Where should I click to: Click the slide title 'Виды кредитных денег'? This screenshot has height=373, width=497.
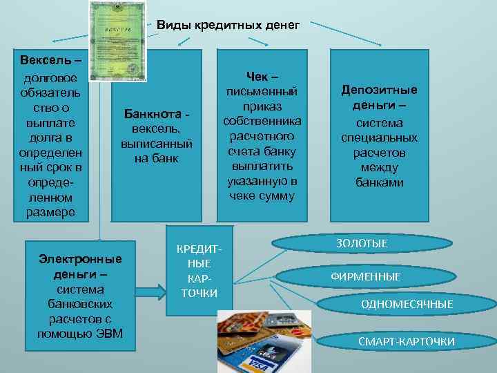[x=228, y=26]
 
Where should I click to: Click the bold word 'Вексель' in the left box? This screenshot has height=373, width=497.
[x=46, y=58]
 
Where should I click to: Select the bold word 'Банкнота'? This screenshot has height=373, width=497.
[x=153, y=114]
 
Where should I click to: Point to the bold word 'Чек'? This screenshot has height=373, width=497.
[x=258, y=76]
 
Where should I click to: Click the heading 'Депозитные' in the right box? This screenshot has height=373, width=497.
[x=380, y=90]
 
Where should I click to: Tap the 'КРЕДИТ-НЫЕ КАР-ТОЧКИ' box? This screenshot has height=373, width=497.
[x=199, y=270]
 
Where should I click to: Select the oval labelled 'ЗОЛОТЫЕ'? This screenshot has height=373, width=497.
[x=361, y=243]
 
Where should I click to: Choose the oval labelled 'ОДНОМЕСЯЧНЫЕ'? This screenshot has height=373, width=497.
[x=407, y=304]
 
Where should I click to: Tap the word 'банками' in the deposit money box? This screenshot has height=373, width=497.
[x=380, y=183]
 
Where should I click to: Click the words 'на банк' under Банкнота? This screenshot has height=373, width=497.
[x=156, y=158]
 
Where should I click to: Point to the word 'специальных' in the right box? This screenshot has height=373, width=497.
[x=380, y=137]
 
